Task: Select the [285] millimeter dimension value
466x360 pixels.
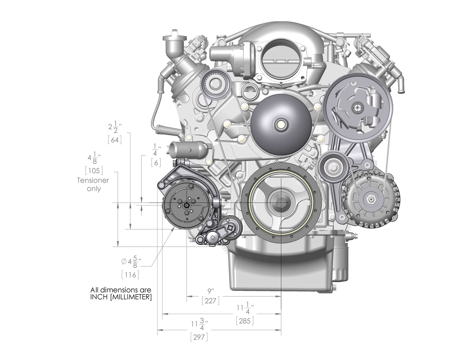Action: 244,321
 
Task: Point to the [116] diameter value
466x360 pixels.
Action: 130,275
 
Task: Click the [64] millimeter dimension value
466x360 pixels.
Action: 114,140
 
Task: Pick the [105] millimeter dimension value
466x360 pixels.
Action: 94,170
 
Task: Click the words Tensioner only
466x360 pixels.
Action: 93,184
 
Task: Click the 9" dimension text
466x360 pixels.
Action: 211,291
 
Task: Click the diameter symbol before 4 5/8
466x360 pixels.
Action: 124,262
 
